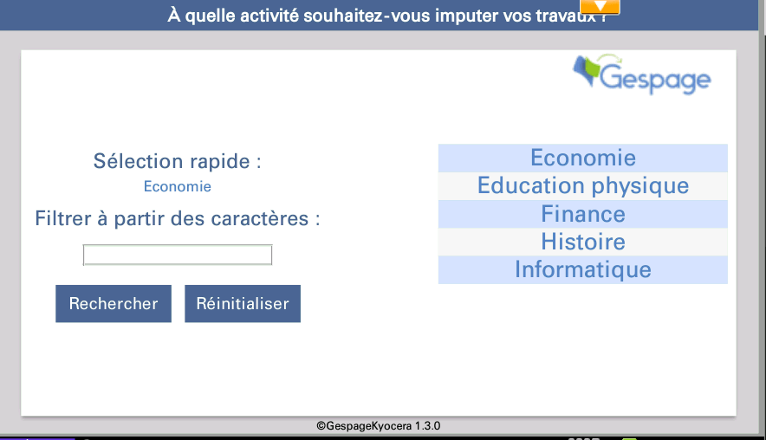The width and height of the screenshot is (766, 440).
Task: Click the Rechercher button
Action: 114,304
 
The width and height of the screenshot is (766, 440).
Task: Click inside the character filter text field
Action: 178,255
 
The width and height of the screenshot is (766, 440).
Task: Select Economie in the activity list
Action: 583,159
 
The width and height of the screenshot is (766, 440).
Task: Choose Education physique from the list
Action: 583,186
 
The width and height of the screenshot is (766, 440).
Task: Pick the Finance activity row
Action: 583,214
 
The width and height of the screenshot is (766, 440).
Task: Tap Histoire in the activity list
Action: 583,242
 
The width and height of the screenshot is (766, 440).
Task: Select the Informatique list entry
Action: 583,269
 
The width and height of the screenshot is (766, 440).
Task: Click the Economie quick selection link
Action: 178,186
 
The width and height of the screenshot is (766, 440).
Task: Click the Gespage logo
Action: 641,74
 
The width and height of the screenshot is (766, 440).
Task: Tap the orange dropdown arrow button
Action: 600,6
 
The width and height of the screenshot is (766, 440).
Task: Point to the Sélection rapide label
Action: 178,161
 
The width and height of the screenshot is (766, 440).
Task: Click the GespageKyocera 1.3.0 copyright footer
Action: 378,426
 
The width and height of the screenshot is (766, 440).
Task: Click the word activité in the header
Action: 269,15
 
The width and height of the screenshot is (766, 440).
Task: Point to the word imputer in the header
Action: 465,16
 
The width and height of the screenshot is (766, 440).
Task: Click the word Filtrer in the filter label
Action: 63,218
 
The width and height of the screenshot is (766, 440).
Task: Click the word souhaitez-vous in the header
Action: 367,16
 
